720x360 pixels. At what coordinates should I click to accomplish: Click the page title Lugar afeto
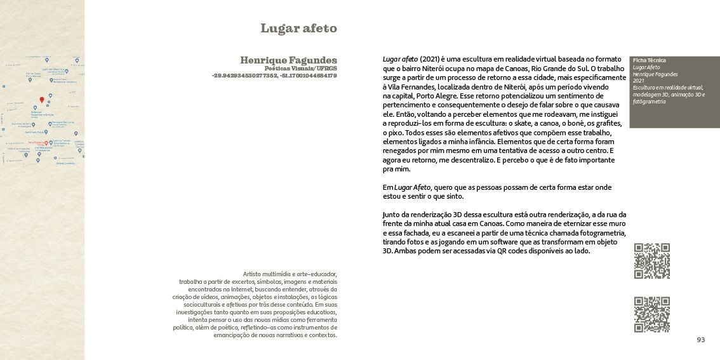pyautogui.click(x=298, y=29)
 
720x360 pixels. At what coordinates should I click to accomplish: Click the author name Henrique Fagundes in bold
pyautogui.click(x=288, y=60)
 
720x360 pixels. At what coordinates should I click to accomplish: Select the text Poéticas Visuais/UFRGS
pyautogui.click(x=300, y=68)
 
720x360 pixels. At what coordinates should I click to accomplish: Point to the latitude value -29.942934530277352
pyautogui.click(x=244, y=76)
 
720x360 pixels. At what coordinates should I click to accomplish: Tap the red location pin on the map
pyautogui.click(x=42, y=100)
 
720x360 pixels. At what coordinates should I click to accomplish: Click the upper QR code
pyautogui.click(x=651, y=261)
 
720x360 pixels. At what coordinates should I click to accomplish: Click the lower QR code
pyautogui.click(x=651, y=314)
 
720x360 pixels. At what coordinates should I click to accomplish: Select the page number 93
pyautogui.click(x=700, y=340)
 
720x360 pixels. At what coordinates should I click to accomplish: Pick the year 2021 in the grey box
pyautogui.click(x=638, y=81)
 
